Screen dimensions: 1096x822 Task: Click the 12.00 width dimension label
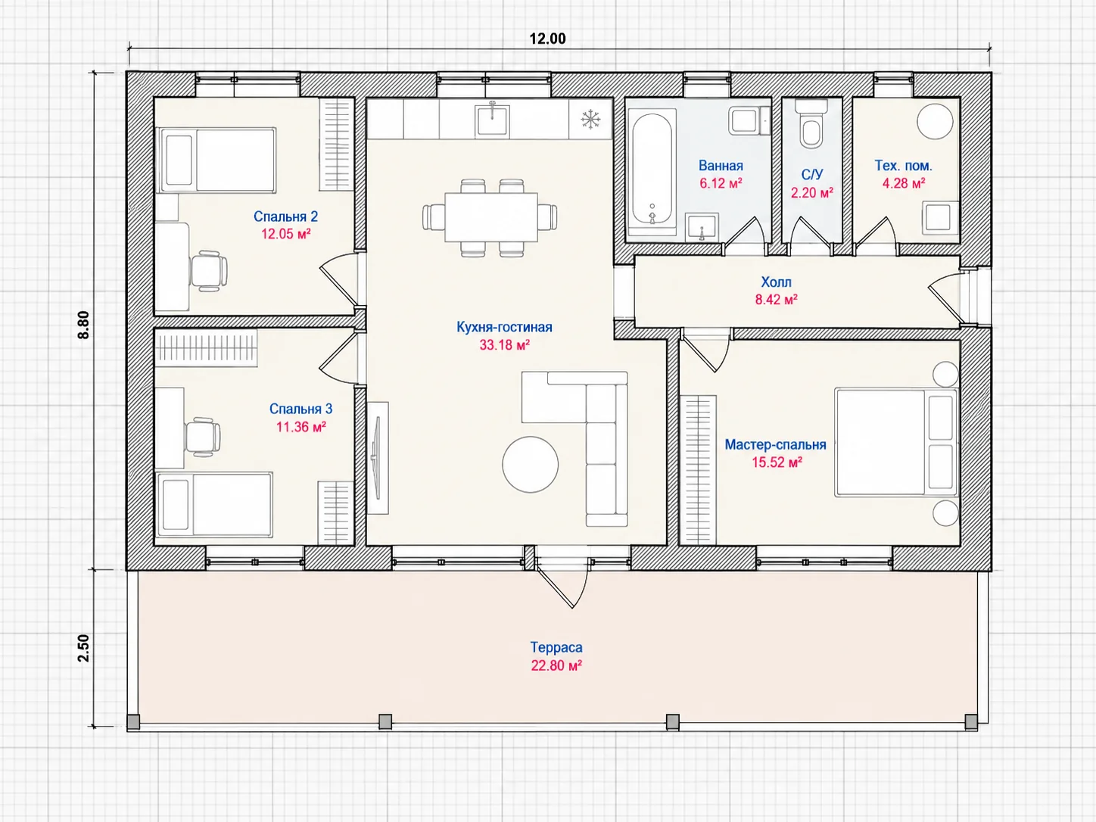coord(548,39)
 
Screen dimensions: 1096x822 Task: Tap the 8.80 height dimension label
coord(83,325)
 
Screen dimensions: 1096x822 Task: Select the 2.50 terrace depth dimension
coord(83,648)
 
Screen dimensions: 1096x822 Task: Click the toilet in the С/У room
coord(811,124)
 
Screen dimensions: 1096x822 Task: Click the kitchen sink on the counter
coord(492,120)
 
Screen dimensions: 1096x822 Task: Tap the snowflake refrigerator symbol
coord(590,120)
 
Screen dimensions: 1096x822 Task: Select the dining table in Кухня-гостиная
coord(491,217)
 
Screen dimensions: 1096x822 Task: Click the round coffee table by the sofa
coord(531,465)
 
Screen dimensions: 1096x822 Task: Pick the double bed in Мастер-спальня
coord(895,443)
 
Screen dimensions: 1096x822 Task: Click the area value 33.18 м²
coord(504,345)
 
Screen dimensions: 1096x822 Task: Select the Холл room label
coord(776,282)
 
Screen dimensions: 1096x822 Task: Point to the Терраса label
coord(556,647)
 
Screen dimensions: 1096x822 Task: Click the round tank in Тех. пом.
coord(936,121)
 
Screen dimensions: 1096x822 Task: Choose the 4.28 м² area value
coord(904,183)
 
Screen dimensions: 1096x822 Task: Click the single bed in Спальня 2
coord(216,160)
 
